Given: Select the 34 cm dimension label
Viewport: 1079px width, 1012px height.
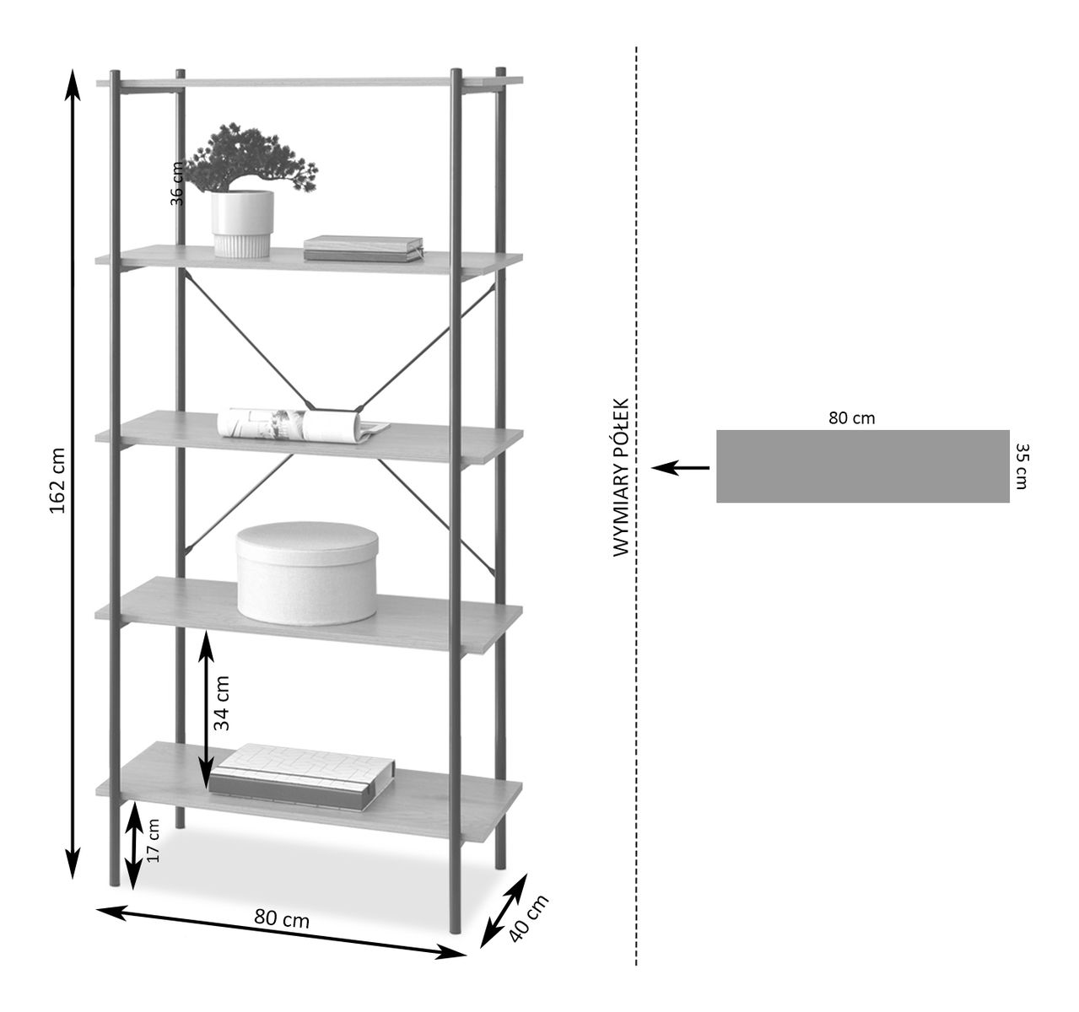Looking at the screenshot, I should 221,702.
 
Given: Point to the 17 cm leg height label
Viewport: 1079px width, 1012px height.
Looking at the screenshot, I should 153,841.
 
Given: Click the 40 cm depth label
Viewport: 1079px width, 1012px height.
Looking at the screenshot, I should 529,918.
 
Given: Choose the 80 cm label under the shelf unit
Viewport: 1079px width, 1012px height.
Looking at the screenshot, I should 282,920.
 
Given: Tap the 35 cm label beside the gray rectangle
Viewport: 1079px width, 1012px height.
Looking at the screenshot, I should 1022,466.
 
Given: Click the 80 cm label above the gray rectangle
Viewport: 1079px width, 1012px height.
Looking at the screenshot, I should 851,418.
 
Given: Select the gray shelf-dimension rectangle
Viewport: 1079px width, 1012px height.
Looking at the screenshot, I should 862,466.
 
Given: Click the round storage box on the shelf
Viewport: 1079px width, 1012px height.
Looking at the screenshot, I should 307,573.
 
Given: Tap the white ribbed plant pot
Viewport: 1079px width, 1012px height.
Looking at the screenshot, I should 242,223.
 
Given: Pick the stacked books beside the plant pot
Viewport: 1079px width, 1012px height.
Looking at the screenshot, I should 363,248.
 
